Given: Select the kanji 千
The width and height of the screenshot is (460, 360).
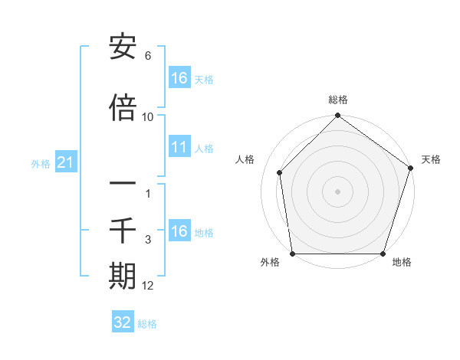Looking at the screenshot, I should [123, 229].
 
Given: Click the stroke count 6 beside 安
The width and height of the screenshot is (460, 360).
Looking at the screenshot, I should [148, 56].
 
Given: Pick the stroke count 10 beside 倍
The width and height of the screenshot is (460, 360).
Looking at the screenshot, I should [148, 116].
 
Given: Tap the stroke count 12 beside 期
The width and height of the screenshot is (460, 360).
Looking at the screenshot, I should [148, 286].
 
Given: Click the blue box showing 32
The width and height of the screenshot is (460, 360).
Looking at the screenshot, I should [123, 322].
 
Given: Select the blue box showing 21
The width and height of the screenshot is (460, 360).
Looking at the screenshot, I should [66, 162].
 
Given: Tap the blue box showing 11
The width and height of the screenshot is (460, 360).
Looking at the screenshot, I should [179, 147].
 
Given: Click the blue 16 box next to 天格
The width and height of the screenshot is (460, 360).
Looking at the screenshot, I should [179, 78].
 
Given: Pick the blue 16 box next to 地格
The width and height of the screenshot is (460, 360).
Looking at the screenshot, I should [179, 231].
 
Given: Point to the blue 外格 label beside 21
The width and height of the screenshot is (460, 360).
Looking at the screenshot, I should [41, 163].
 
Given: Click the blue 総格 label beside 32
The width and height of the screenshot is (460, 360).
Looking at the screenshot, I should [147, 323].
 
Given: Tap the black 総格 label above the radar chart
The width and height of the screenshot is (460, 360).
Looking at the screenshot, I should [338, 100].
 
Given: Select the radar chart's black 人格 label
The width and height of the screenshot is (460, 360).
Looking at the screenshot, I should [245, 159].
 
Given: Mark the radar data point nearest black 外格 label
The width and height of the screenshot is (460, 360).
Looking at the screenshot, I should [292, 254].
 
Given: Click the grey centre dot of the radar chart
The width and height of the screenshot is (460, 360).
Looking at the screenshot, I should [338, 191].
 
